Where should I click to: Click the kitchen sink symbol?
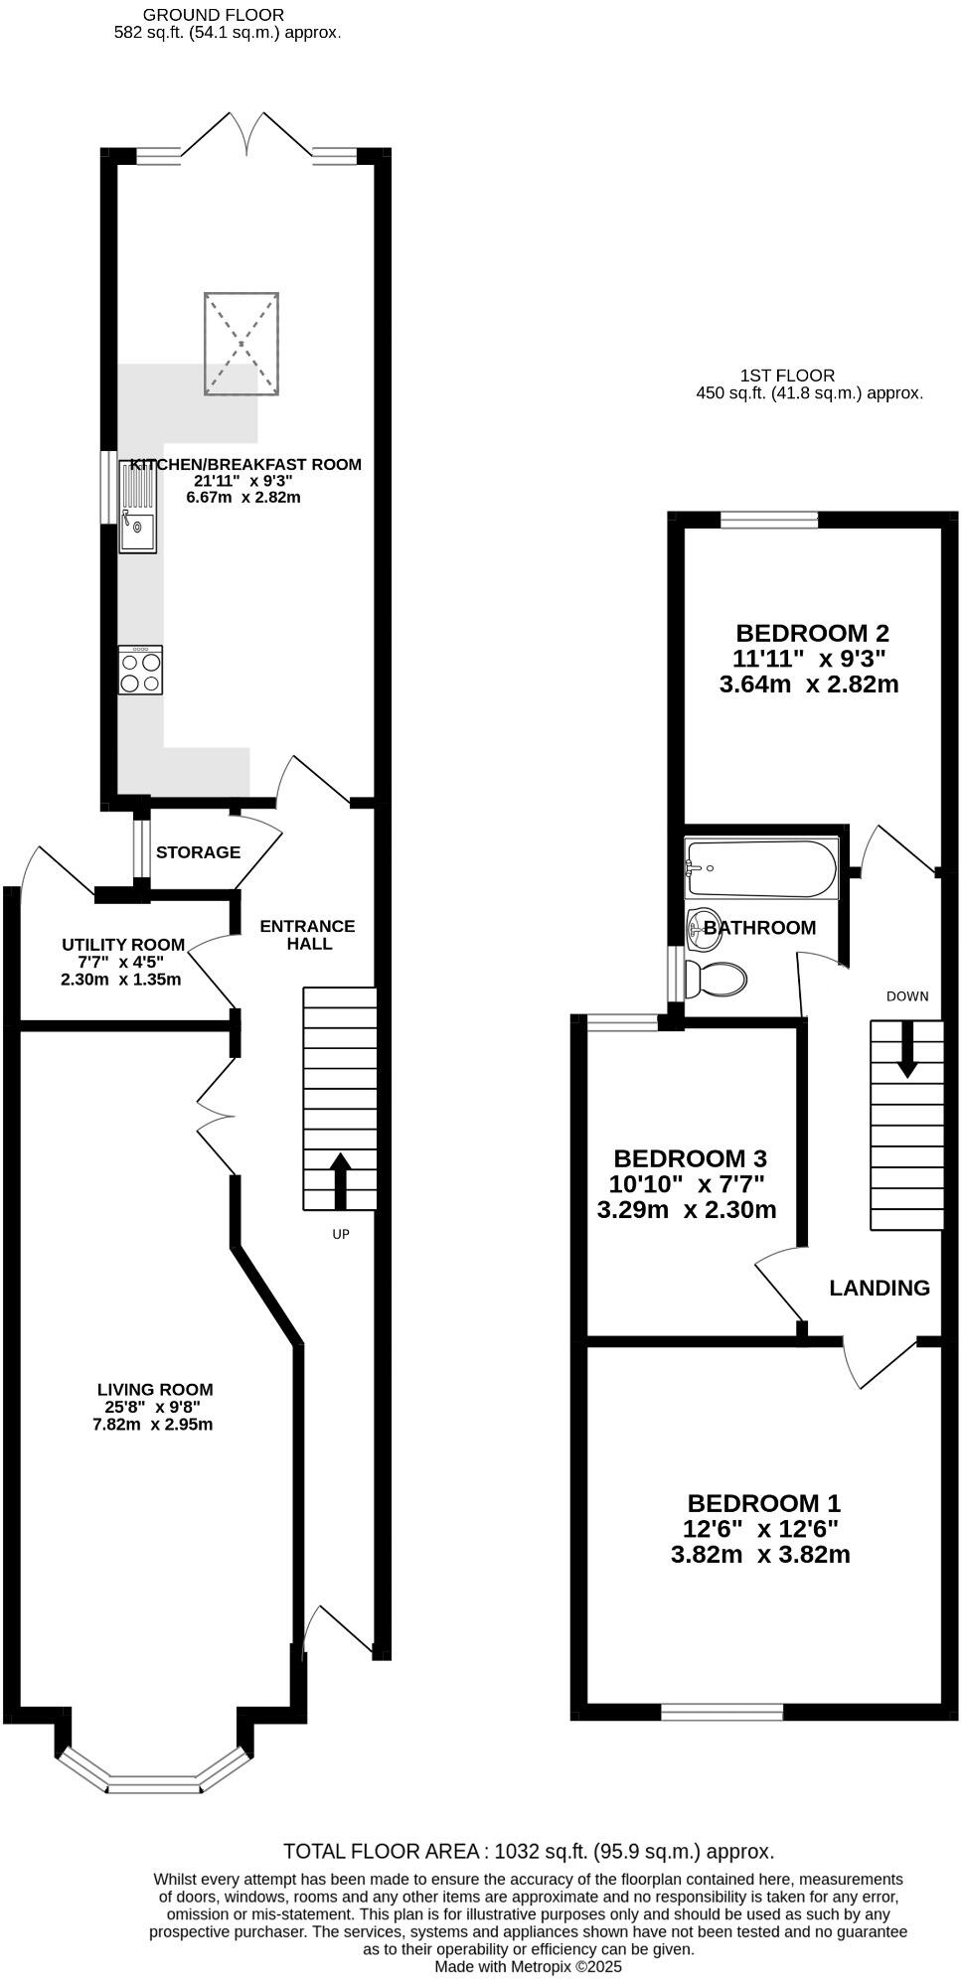(137, 508)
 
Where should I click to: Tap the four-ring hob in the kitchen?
(140, 671)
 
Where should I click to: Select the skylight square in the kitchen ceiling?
(241, 343)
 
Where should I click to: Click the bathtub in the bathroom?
(761, 868)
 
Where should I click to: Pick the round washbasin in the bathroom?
(705, 925)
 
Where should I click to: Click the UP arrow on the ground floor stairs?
(340, 1180)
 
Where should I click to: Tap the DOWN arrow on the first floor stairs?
(907, 1051)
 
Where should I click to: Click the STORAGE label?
(198, 852)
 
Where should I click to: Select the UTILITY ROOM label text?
(123, 945)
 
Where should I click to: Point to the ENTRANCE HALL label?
(308, 935)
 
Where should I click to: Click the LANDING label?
(880, 1289)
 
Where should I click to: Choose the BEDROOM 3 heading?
(690, 1158)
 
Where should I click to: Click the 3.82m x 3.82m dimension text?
(760, 1555)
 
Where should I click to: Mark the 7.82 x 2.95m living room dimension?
(153, 1424)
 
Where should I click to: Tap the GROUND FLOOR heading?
(214, 15)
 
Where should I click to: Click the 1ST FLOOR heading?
(787, 376)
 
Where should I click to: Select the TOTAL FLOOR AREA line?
(528, 1852)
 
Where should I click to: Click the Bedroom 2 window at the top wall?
(769, 518)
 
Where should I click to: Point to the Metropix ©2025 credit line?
(528, 1966)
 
